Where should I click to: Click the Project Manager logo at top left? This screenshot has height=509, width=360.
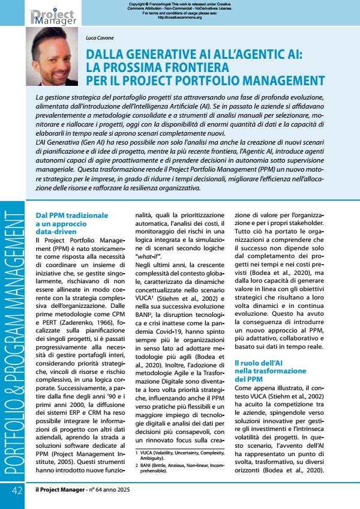click(53, 16)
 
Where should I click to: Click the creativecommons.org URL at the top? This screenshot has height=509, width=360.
click(179, 17)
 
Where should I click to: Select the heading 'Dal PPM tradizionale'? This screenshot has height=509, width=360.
click(72, 214)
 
